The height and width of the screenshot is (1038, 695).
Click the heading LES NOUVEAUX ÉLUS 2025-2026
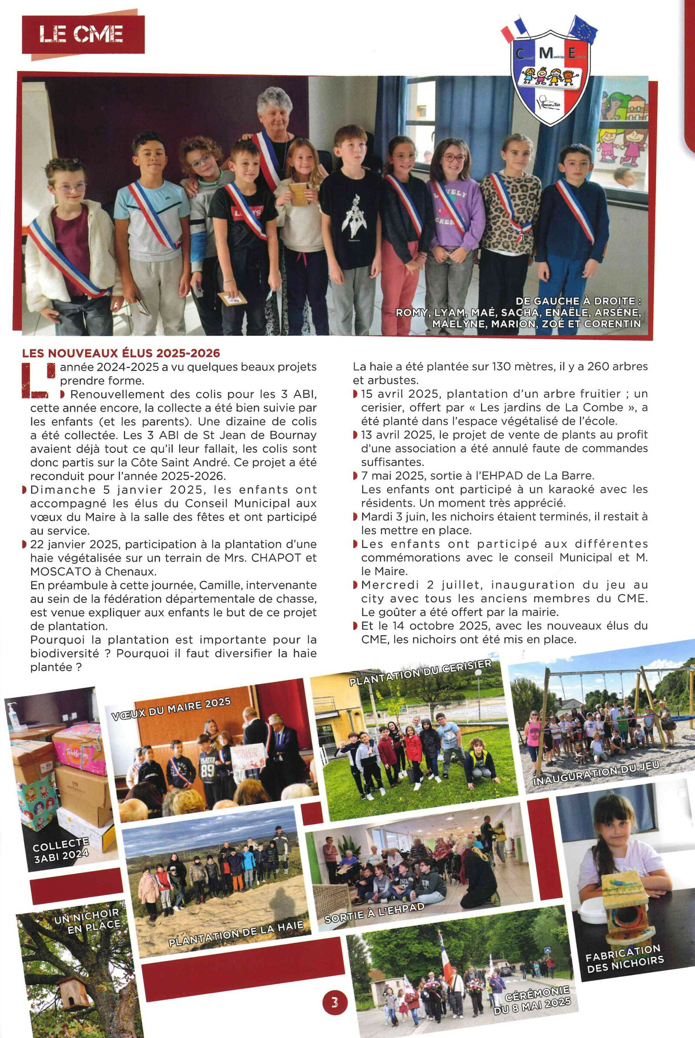point(121,353)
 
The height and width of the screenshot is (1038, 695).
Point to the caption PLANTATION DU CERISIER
point(420,672)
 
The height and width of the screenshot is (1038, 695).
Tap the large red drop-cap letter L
point(39,380)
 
